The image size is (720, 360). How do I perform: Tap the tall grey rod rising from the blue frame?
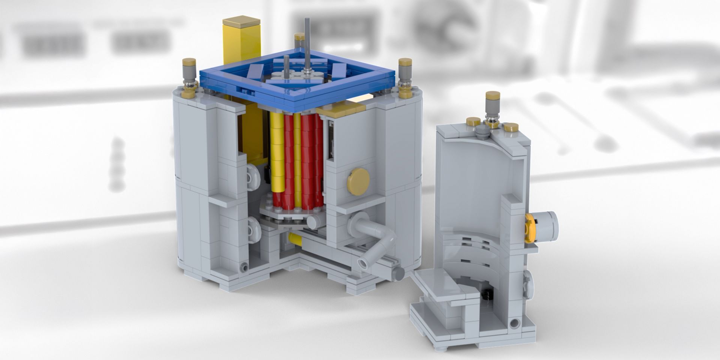pos(307,41)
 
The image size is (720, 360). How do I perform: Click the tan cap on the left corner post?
pos(189,62)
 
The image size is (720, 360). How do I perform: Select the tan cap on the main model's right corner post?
pos(405,62)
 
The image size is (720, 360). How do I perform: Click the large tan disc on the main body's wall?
pos(359,181)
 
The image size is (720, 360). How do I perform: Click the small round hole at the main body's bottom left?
pos(245,267)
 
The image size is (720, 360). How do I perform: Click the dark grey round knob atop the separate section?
pos(483,130)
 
